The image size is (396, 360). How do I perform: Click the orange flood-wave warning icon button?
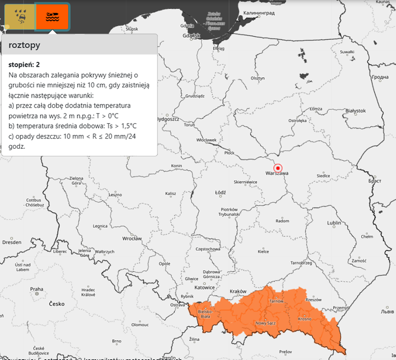click(x=52, y=17)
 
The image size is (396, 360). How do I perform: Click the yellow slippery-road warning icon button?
click(x=19, y=17)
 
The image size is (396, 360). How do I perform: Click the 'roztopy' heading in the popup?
click(x=25, y=46)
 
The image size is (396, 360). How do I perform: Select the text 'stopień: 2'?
click(x=25, y=65)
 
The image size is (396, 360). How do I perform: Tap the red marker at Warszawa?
click(x=277, y=167)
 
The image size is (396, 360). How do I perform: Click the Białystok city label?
click(x=355, y=111)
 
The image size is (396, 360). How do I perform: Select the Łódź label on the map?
click(x=221, y=192)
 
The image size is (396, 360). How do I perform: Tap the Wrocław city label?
click(x=132, y=238)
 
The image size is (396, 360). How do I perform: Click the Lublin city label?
click(x=334, y=222)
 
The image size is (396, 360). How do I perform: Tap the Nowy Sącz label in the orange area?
click(x=266, y=323)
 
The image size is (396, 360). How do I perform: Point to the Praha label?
click(x=36, y=289)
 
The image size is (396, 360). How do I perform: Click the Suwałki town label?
click(x=347, y=52)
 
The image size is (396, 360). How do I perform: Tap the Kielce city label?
click(x=263, y=251)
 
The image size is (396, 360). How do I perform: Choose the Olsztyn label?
click(x=257, y=78)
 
